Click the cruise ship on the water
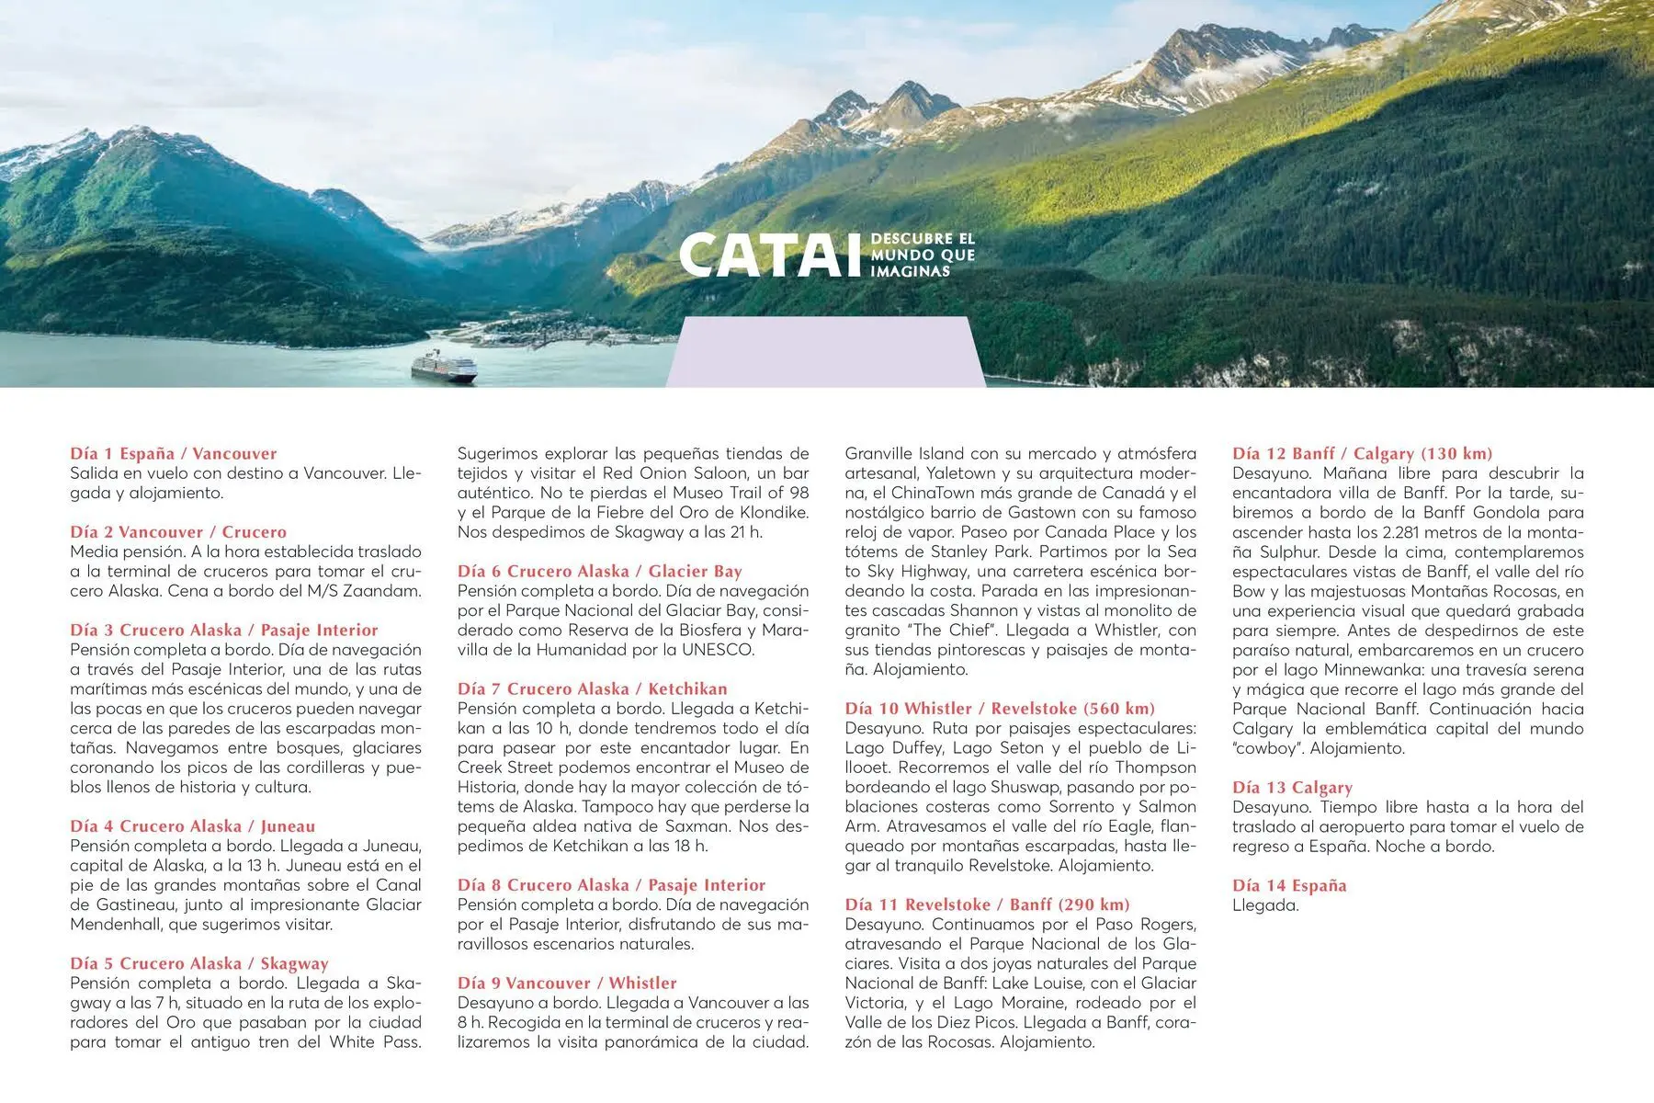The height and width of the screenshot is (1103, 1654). (445, 368)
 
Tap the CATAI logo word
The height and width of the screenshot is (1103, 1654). (763, 255)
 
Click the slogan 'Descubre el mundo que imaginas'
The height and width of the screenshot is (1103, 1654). (922, 255)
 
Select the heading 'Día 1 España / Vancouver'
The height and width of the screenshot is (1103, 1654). (173, 453)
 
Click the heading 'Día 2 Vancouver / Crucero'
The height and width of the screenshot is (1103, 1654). (178, 531)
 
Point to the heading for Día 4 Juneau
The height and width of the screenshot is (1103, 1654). (192, 825)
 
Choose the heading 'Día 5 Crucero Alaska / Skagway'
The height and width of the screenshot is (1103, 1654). (198, 963)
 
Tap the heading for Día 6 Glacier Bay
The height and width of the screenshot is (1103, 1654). (599, 571)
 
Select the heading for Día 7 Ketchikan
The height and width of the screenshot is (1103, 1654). (592, 688)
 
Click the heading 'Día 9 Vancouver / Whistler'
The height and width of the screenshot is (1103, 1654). (567, 983)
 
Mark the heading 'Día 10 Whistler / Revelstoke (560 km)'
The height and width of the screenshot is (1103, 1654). (1000, 708)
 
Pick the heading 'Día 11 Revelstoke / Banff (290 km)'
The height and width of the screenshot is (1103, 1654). (987, 904)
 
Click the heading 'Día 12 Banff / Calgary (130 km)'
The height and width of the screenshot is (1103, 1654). (1362, 453)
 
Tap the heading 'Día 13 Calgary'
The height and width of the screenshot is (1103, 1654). (1292, 787)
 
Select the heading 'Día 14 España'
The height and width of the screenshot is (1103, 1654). (1289, 885)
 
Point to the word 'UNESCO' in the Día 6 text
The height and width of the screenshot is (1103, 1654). (718, 650)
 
